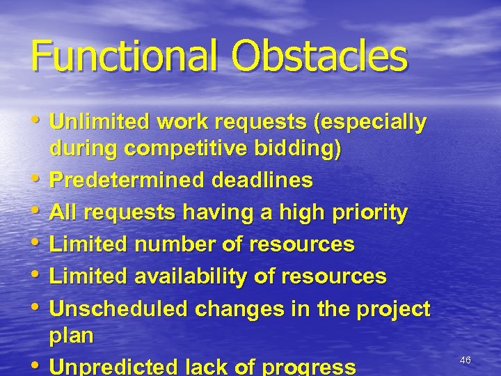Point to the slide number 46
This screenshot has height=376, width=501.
[466, 360]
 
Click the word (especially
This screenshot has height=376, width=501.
[370, 123]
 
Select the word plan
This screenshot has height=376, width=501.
[71, 336]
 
